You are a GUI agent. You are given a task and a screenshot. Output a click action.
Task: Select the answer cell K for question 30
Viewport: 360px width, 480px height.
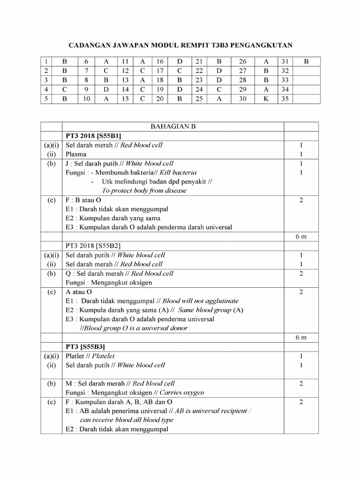pos(266,99)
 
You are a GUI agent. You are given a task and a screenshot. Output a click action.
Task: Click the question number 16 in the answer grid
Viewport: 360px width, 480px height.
pos(159,61)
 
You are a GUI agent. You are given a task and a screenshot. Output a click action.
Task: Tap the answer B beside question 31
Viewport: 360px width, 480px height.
pos(307,61)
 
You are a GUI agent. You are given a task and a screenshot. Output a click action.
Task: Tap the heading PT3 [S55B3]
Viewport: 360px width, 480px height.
pos(85,346)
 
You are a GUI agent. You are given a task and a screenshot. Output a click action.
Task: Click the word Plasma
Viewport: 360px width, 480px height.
pos(76,154)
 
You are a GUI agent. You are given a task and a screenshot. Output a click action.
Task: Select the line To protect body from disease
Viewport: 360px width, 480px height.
pos(144,191)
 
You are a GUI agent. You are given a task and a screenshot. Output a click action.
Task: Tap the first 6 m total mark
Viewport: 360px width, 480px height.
pos(301,237)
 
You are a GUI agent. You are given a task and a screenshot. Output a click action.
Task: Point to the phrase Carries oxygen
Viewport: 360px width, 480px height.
pos(181,392)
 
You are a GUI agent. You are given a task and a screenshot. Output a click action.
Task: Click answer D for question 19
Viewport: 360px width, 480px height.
pos(180,90)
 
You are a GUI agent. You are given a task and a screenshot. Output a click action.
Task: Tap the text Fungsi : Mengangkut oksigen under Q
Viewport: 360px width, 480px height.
pos(113,283)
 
